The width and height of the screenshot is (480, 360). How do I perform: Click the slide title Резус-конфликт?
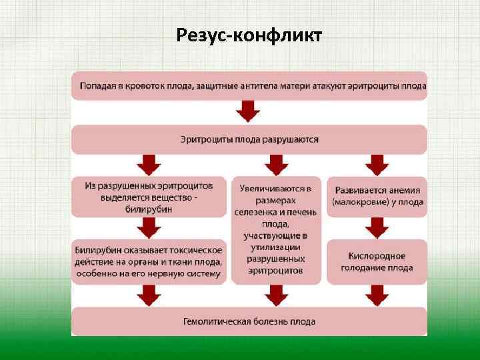[249, 34]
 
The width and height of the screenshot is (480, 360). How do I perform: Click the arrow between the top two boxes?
[249, 111]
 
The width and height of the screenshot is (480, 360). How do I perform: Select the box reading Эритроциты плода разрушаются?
[249, 140]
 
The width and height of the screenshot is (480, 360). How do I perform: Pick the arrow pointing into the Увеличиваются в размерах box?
[275, 164]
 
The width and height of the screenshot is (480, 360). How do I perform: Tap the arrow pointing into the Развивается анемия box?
[376, 164]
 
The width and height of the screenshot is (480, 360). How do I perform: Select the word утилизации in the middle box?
[275, 247]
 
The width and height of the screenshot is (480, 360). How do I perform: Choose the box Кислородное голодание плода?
[376, 261]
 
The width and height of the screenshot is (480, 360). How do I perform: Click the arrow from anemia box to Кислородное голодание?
[376, 229]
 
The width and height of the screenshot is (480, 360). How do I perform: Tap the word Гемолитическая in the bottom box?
[217, 322]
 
